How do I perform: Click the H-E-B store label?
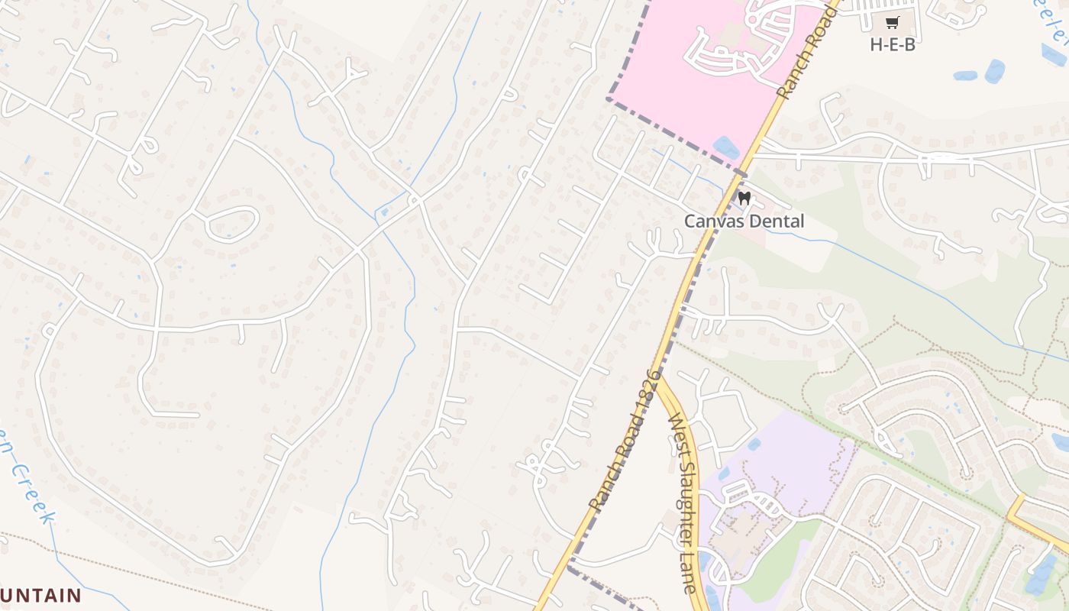click(892, 44)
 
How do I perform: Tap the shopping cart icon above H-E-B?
click(893, 22)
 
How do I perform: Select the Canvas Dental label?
click(744, 221)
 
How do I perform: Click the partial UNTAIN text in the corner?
click(41, 595)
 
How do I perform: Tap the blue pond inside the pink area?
click(725, 147)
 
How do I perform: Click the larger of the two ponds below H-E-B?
click(994, 71)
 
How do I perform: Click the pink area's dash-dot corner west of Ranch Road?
click(609, 98)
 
